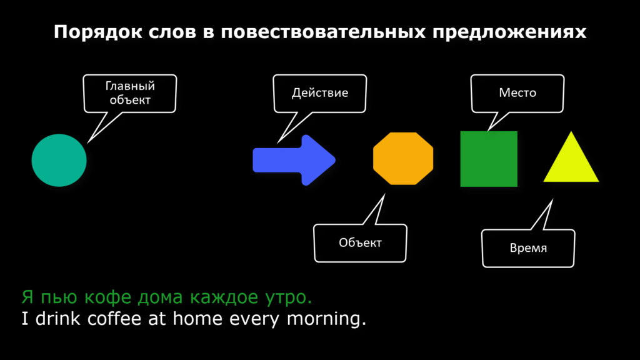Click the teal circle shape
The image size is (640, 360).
tap(59, 160)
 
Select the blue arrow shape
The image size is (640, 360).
tap(294, 160)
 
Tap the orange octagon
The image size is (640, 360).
tap(403, 158)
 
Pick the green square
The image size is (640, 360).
tap(489, 159)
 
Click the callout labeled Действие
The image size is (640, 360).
tap(320, 94)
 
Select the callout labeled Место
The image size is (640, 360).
tap(517, 94)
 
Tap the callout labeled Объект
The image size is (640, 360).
tap(361, 243)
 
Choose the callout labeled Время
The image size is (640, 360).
tap(528, 248)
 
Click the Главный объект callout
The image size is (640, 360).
tap(130, 94)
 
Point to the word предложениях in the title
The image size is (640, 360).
tap(509, 32)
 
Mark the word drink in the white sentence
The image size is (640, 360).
tap(58, 318)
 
